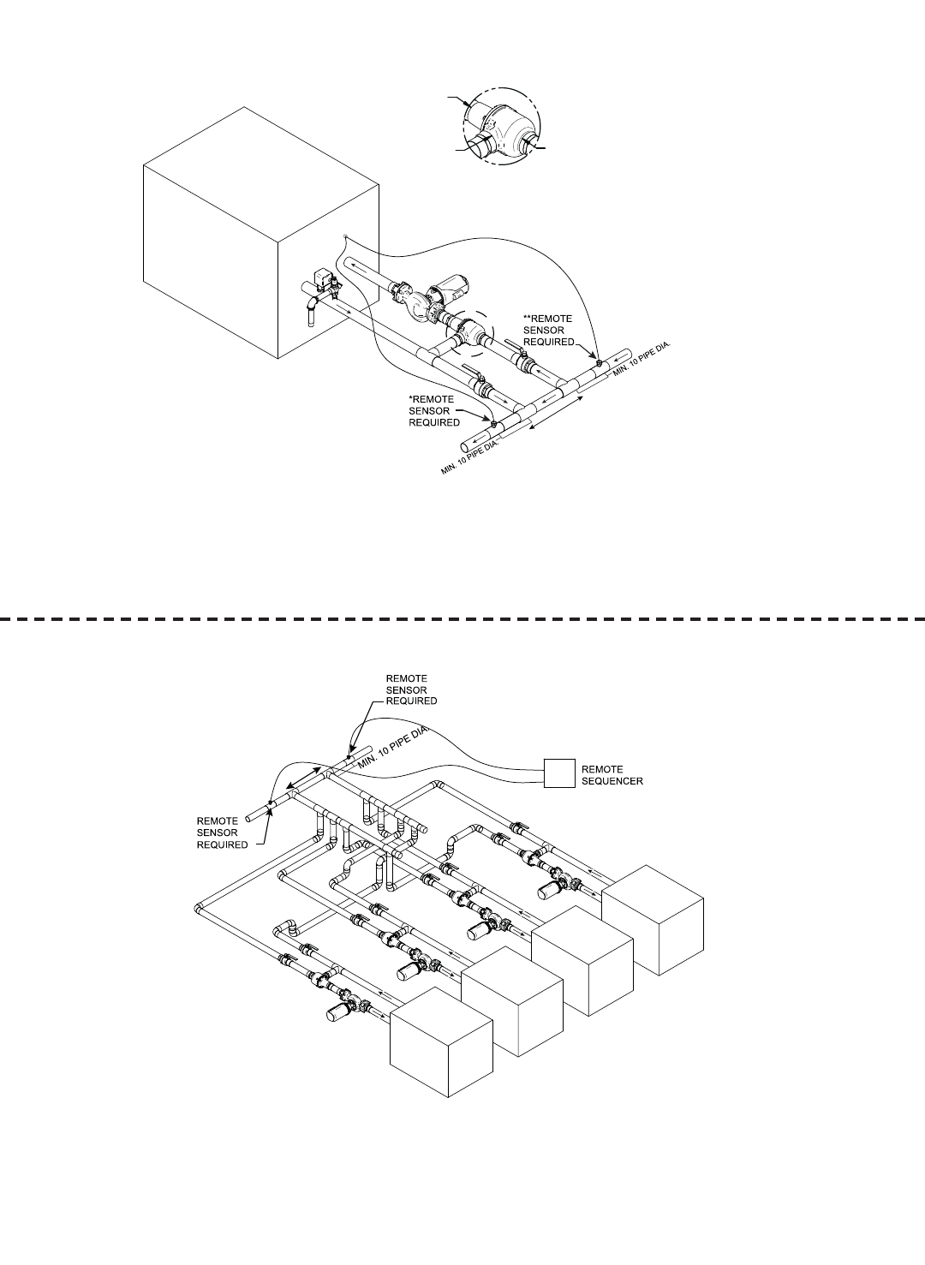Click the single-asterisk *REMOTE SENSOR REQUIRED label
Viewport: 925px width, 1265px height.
coord(434,410)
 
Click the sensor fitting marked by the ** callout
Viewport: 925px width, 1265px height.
coord(598,365)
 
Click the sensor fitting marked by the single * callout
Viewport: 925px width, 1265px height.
coord(494,423)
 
